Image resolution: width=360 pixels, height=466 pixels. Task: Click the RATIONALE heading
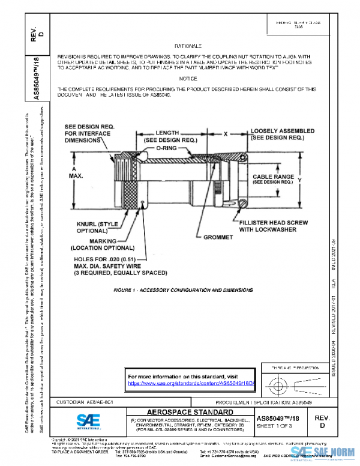(188, 46)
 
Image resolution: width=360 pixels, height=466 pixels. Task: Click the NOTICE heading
(188, 79)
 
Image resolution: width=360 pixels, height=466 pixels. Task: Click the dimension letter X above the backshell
(225, 135)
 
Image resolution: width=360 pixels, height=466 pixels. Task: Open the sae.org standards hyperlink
(191, 382)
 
